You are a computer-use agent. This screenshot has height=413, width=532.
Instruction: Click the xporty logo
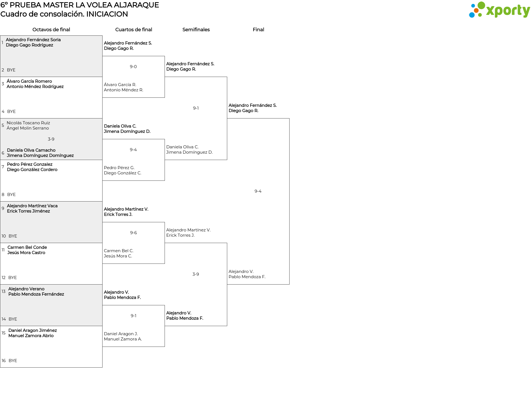[499, 10]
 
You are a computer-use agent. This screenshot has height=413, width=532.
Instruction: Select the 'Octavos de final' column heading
[51, 30]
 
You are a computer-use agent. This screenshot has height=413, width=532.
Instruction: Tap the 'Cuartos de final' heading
[134, 30]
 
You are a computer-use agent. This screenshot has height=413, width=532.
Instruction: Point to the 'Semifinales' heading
[196, 30]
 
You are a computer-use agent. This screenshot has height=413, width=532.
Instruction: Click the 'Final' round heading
[258, 30]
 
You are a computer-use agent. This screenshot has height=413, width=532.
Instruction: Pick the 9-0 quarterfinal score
[133, 67]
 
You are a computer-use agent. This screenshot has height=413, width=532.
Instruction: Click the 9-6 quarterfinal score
[133, 233]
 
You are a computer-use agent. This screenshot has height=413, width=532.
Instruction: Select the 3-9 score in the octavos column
[51, 139]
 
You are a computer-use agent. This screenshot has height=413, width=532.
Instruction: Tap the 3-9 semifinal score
[196, 274]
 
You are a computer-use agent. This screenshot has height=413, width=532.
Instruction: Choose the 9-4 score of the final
[258, 191]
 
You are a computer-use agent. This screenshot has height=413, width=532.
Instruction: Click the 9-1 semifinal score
[196, 108]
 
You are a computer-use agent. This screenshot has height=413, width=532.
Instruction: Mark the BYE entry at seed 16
[13, 361]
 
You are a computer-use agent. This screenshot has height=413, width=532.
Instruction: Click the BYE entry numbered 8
[11, 195]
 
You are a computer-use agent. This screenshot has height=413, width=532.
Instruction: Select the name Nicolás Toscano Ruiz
[28, 123]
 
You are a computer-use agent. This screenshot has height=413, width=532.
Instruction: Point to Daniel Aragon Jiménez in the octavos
[32, 331]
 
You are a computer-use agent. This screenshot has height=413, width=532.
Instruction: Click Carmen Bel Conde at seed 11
[27, 247]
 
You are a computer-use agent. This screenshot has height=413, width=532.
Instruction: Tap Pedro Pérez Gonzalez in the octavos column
[30, 164]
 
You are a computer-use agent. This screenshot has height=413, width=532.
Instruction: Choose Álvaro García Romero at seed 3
[29, 81]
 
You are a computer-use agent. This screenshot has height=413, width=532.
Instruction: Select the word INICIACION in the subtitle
[107, 14]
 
